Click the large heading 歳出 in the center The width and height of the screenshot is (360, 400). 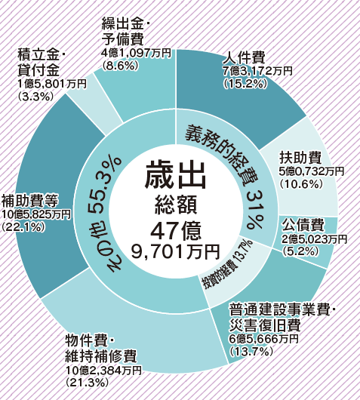pyautogui.click(x=175, y=175)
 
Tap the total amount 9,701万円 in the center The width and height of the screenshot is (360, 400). pyautogui.click(x=176, y=251)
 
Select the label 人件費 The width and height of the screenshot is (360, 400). pyautogui.click(x=244, y=57)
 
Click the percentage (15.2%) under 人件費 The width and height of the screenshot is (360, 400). pyautogui.click(x=245, y=84)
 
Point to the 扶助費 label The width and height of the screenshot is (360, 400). pyautogui.click(x=300, y=157)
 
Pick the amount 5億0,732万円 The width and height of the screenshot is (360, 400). pyautogui.click(x=312, y=171)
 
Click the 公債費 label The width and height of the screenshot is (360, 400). pyautogui.click(x=303, y=225)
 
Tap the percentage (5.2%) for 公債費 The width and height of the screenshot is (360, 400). pyautogui.click(x=300, y=251)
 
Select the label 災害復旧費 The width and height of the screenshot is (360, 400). pyautogui.click(x=265, y=325)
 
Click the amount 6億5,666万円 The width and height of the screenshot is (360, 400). pyautogui.click(x=263, y=339)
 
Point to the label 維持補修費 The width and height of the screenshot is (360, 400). pyautogui.click(x=101, y=355)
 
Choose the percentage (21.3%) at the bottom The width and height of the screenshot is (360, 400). pyautogui.click(x=88, y=383)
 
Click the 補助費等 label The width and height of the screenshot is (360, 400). pyautogui.click(x=30, y=201)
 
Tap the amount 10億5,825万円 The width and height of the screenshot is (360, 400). pyautogui.click(x=36, y=214)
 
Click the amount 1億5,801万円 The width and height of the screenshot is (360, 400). pyautogui.click(x=52, y=84)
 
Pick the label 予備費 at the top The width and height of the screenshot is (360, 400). pyautogui.click(x=123, y=38)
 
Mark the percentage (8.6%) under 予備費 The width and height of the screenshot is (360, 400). pyautogui.click(x=120, y=66)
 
